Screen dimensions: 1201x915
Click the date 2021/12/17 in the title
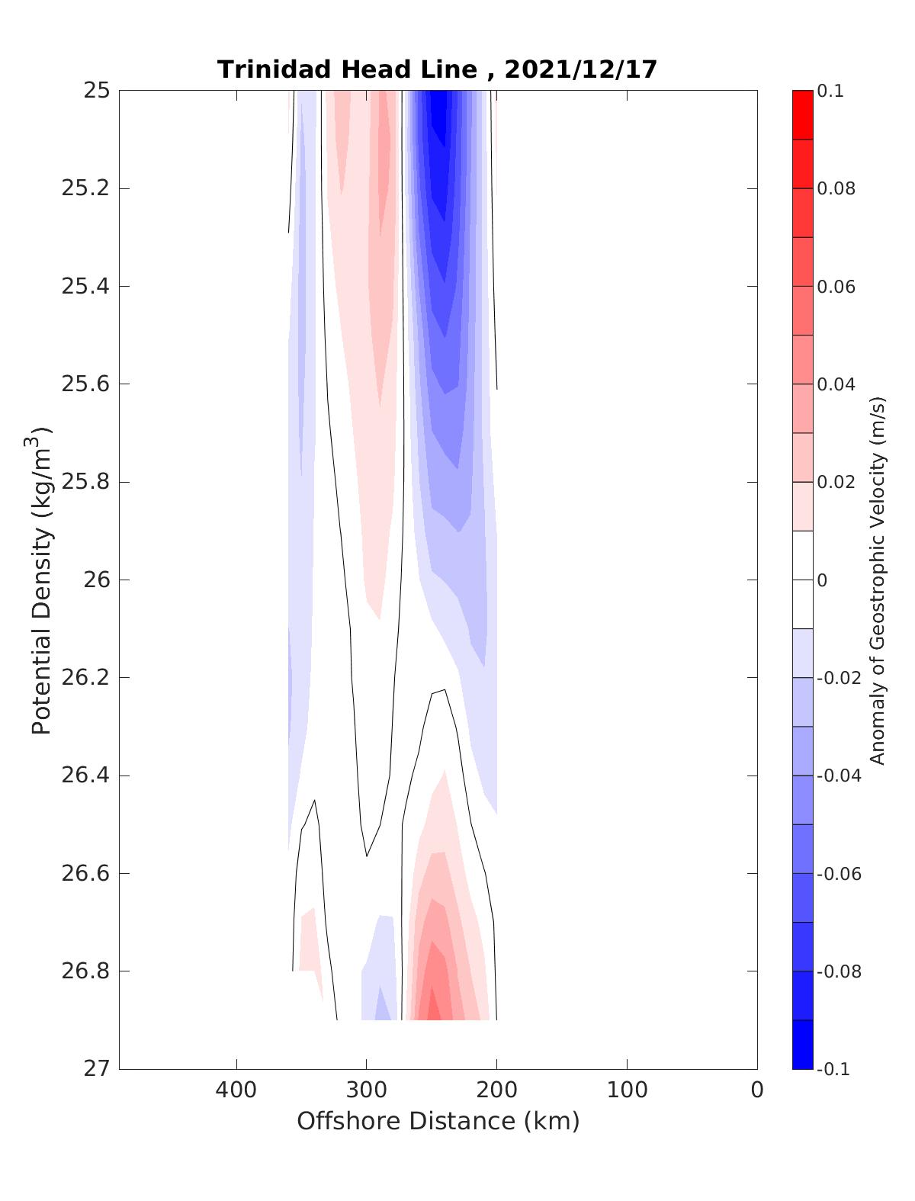(x=580, y=69)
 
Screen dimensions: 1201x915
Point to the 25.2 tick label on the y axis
(x=85, y=188)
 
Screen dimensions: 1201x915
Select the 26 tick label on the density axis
(x=96, y=580)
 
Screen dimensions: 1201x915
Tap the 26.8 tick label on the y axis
(x=85, y=971)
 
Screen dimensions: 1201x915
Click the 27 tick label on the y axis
(x=96, y=1069)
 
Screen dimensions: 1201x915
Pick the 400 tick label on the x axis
(x=236, y=1090)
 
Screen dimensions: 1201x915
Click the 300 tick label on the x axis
(x=366, y=1090)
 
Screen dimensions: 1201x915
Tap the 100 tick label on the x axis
(x=627, y=1090)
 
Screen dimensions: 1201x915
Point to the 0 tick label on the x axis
(x=756, y=1090)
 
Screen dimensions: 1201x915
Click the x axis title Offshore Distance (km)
(x=438, y=1122)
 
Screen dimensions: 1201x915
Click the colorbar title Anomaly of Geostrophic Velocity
(x=878, y=580)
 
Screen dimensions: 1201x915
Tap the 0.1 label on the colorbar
(x=830, y=92)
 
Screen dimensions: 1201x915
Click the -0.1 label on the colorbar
(x=833, y=1069)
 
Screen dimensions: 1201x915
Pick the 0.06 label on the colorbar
(x=836, y=287)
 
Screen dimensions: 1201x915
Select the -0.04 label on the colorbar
(x=839, y=776)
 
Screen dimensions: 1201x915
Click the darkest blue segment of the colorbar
(x=802, y=1044)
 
